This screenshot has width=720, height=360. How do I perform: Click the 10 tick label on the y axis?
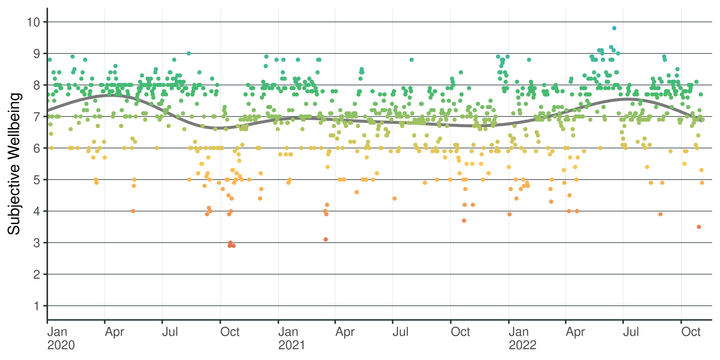click(x=34, y=21)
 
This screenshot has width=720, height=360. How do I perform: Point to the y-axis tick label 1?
click(x=37, y=306)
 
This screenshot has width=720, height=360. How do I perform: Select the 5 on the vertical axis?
click(x=37, y=179)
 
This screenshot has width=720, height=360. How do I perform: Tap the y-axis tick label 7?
click(x=37, y=116)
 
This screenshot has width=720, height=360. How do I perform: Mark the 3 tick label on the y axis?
click(x=37, y=243)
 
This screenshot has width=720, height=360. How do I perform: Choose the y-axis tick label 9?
click(x=37, y=53)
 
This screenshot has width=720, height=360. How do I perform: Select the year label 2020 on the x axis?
click(x=60, y=346)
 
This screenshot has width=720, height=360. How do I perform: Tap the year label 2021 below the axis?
click(x=290, y=346)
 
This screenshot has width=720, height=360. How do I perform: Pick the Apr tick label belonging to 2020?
click(x=114, y=331)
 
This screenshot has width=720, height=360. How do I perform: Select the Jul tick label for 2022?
click(x=630, y=331)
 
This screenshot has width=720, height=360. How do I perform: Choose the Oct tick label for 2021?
click(x=460, y=331)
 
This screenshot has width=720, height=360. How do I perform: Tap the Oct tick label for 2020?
click(x=230, y=331)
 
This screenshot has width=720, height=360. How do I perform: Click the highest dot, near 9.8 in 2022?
click(x=614, y=28)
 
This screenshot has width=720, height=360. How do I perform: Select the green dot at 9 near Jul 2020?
click(x=189, y=53)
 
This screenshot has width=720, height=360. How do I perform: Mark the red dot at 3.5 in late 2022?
click(x=699, y=227)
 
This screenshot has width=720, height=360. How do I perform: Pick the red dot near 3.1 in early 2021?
click(x=326, y=239)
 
